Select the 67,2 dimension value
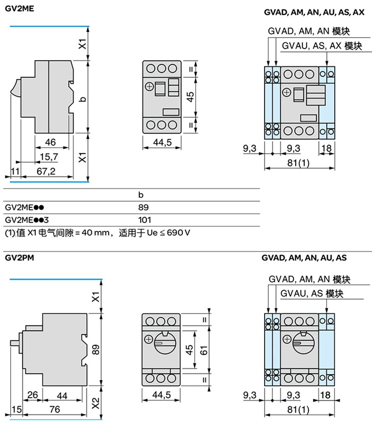(x=46, y=171)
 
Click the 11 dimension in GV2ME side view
(x=15, y=171)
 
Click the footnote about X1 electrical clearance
(x=98, y=232)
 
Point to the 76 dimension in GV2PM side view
(x=54, y=409)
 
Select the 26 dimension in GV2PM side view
(x=32, y=395)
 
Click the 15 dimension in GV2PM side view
(x=16, y=409)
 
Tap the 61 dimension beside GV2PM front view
(x=204, y=350)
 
